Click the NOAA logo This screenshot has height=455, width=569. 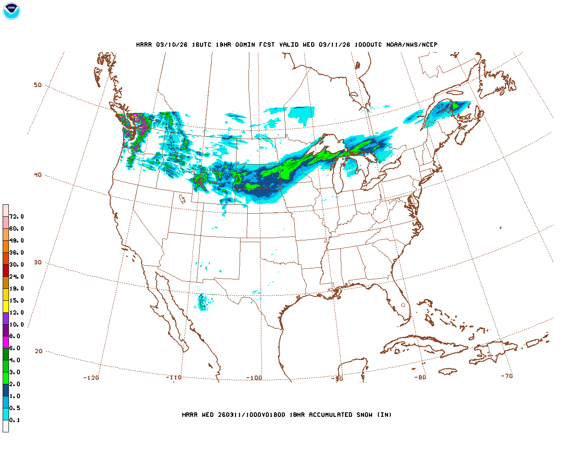pos(11,11)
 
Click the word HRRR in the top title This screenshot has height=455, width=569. pos(144,44)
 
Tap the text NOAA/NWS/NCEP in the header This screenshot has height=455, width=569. pos(412,44)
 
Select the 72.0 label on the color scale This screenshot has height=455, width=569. pos(16,217)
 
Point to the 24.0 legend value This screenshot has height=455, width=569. pos(16,276)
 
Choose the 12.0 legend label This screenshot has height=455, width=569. pos(16,312)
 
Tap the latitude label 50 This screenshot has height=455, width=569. pos(38,85)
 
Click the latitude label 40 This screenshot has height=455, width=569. pos(38,175)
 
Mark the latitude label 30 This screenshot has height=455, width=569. pos(38,262)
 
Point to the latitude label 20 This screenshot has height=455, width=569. pos(39,351)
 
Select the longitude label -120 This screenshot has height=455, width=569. pos(91,378)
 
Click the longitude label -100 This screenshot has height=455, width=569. pos(254,378)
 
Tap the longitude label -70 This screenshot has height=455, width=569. pos(506,376)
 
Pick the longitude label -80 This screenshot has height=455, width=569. pos(420,377)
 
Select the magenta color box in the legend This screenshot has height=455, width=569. pos(6,342)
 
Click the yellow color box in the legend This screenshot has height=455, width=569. pos(6,306)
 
